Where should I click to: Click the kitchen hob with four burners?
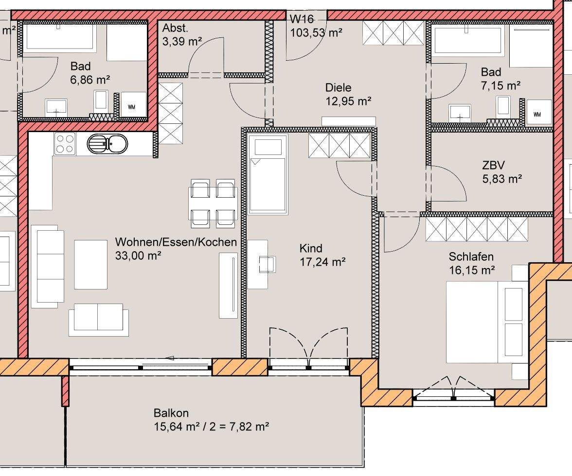65,143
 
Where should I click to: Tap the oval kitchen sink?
107,144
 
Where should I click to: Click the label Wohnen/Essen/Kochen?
176,242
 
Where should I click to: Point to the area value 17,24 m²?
322,262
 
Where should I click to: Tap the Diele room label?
338,87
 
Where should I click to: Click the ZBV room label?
493,165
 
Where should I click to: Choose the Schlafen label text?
471,256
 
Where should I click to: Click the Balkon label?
171,413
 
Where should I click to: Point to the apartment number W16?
302,19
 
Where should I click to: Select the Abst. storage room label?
175,28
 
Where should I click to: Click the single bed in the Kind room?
268,174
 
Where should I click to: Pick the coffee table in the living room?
91,264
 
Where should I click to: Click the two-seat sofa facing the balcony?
98,320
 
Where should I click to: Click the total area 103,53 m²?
316,33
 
